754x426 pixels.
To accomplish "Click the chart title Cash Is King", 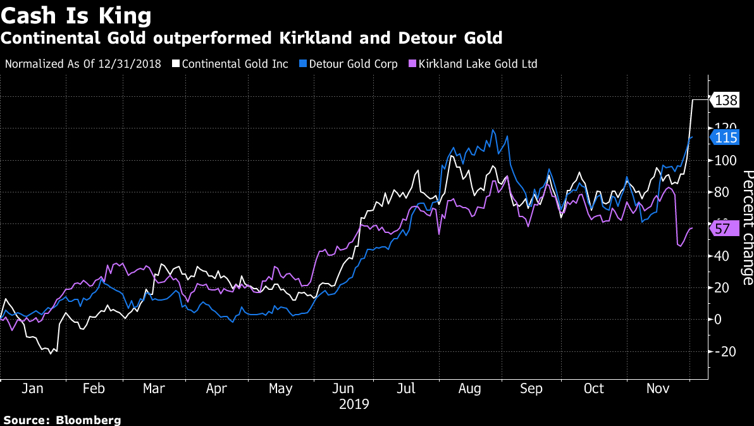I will pyautogui.click(x=76, y=14).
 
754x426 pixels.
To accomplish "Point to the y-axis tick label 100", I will pyautogui.click(x=724, y=161).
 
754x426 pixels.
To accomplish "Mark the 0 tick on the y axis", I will pyautogui.click(x=718, y=320).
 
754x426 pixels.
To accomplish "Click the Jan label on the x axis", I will pyautogui.click(x=32, y=388).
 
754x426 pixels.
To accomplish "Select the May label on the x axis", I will pyautogui.click(x=281, y=388).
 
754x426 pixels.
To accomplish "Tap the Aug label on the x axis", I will pyautogui.click(x=469, y=388).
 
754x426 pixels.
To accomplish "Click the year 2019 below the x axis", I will pyautogui.click(x=354, y=404).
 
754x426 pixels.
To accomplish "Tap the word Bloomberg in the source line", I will pyautogui.click(x=89, y=420).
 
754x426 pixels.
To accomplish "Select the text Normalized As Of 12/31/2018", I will pyautogui.click(x=83, y=64).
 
